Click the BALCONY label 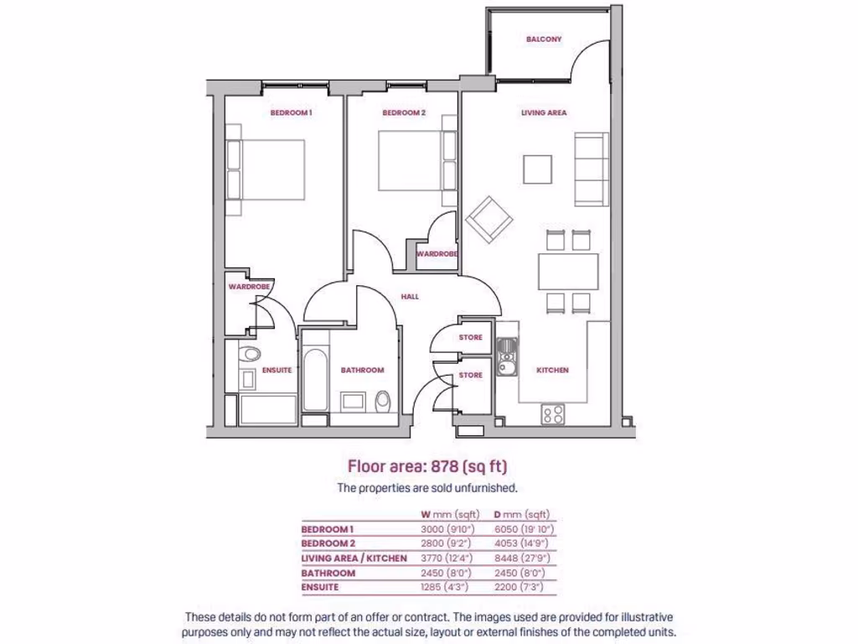[x=544, y=39]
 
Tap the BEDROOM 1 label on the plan [x=291, y=112]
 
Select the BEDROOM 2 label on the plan [x=404, y=112]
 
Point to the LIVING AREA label [x=544, y=112]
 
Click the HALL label [x=410, y=297]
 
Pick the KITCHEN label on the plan [x=553, y=370]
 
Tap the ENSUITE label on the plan [x=277, y=370]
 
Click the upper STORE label [x=471, y=338]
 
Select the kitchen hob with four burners [x=553, y=413]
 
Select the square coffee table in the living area [x=538, y=169]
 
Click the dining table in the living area [x=568, y=271]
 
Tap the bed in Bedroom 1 [x=268, y=170]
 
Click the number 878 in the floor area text [x=453, y=467]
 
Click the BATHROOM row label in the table [x=328, y=573]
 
